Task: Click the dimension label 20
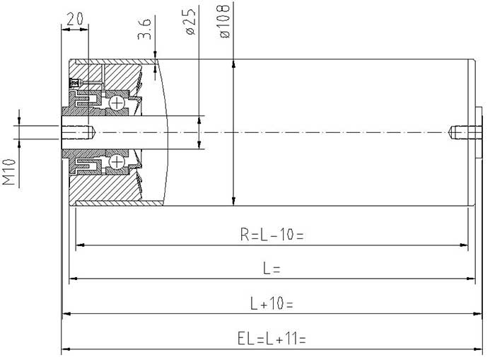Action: point(75,19)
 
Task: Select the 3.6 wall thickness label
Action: point(144,29)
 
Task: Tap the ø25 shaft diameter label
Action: point(190,21)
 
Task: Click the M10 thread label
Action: point(8,172)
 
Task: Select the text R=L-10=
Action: point(272,235)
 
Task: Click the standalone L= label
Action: point(272,269)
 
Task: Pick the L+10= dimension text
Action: point(272,303)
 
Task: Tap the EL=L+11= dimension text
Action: point(272,339)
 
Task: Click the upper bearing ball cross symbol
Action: point(117,103)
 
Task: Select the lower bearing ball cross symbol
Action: point(117,162)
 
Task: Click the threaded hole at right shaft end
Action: point(465,132)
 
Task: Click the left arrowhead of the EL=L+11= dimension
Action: point(66,349)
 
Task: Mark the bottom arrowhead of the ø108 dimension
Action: point(233,201)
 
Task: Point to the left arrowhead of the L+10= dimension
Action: point(66,313)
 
